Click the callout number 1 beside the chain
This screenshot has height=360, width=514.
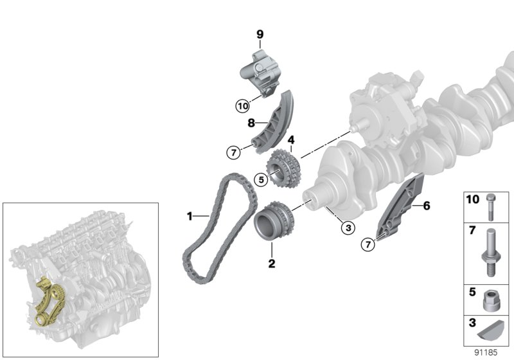190,217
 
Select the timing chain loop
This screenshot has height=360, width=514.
193,257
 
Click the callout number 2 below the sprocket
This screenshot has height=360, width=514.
271,263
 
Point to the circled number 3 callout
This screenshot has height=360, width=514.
346,226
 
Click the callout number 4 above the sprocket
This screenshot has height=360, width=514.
291,139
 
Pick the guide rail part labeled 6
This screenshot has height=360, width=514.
402,206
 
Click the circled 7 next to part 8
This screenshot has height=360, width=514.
233,152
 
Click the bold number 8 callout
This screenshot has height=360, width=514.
252,121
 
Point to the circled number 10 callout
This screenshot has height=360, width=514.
242,105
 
